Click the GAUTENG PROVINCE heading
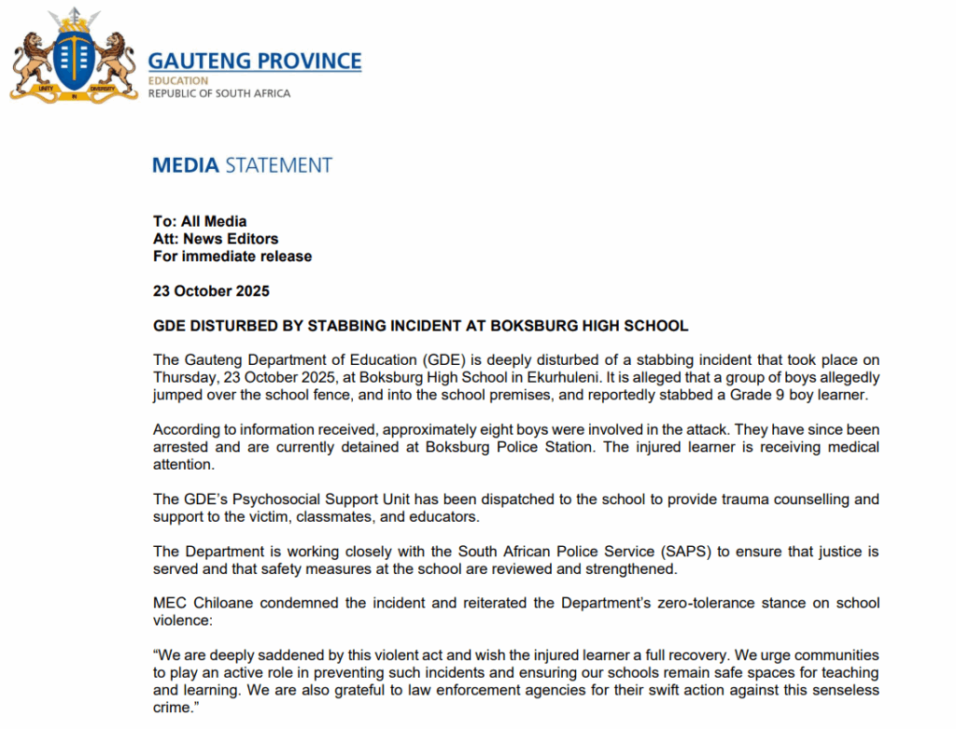(254, 62)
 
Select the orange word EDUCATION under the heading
(178, 81)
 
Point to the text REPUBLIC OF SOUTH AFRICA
(219, 93)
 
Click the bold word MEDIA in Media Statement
(185, 166)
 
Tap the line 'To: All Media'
(200, 221)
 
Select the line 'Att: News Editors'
(216, 239)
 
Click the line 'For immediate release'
(232, 256)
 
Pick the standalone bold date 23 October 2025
(211, 291)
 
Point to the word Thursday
(186, 377)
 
